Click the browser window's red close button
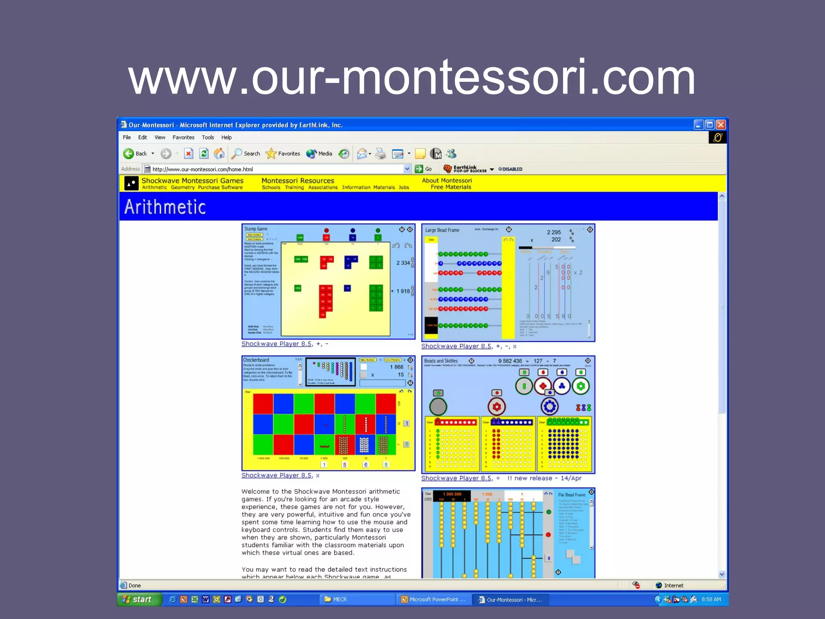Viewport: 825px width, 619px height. click(x=721, y=125)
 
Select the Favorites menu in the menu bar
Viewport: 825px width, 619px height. click(x=183, y=137)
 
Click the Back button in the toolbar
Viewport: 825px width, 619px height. click(x=135, y=154)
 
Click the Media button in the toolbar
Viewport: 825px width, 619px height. click(x=319, y=154)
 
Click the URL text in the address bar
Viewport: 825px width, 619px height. click(x=203, y=169)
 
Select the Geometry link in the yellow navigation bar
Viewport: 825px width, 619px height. click(x=182, y=187)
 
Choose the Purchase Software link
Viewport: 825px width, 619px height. click(x=220, y=187)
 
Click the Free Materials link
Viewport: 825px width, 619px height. click(x=451, y=187)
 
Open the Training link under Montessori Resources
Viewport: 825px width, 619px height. click(x=294, y=187)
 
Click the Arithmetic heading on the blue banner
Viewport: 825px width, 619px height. click(x=165, y=207)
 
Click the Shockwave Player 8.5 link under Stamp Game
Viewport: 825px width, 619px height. click(x=276, y=344)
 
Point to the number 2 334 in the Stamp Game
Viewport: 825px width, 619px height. click(x=403, y=263)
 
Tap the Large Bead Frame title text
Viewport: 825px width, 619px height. click(x=442, y=230)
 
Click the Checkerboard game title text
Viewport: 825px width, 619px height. click(x=256, y=360)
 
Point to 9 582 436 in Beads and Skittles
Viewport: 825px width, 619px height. click(x=510, y=361)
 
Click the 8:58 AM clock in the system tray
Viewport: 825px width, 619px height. click(x=711, y=599)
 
